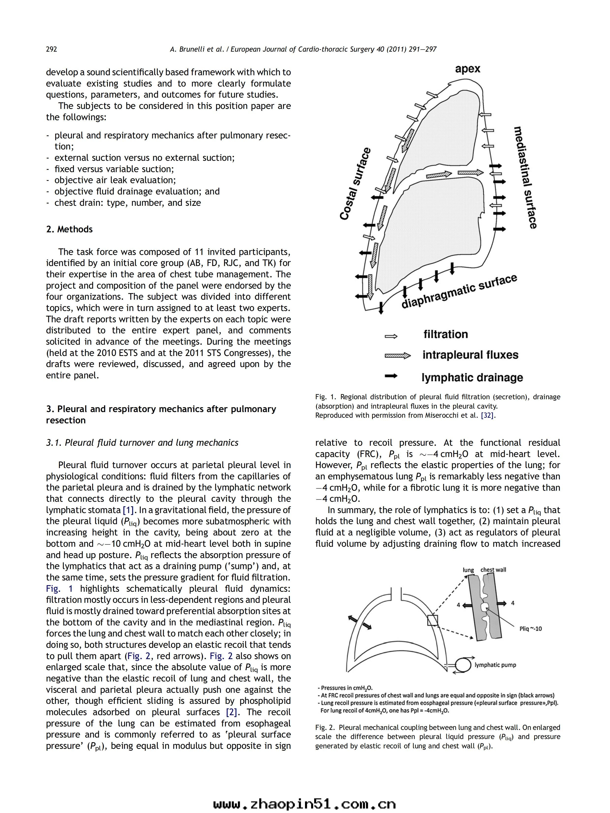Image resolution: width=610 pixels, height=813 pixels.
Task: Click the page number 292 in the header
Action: coord(51,49)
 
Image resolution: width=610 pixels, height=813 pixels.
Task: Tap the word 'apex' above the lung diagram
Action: coord(467,69)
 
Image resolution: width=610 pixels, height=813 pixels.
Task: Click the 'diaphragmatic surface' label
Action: coord(459,293)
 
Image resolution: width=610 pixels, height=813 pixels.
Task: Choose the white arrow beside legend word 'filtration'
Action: coord(391,336)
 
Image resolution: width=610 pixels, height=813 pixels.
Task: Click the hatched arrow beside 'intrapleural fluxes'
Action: coord(397,355)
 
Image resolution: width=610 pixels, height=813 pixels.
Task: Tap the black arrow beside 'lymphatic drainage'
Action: coord(391,376)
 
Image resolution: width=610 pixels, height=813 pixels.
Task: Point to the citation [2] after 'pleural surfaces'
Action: coord(231,712)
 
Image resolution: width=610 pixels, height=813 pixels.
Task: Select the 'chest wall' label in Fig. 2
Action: coord(493,570)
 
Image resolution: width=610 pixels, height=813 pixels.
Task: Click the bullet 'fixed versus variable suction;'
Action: coord(114,169)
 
